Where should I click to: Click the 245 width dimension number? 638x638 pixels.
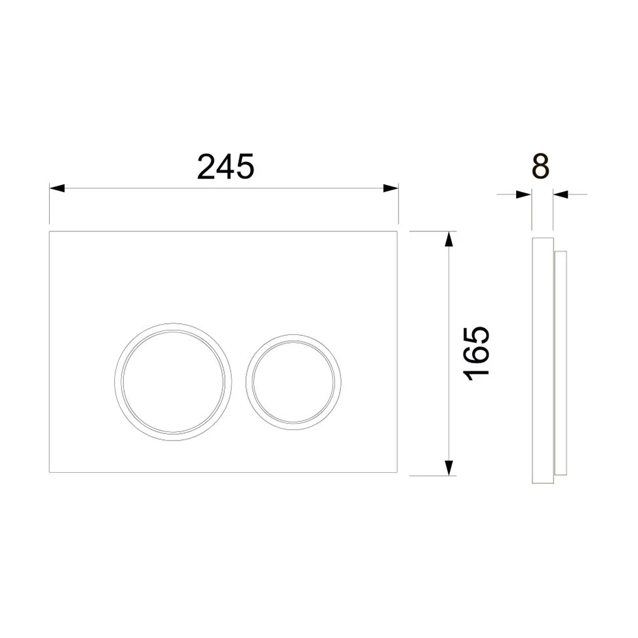(226, 167)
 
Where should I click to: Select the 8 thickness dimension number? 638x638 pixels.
(541, 166)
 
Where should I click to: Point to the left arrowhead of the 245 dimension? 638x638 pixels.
(57, 188)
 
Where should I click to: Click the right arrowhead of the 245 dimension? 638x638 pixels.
(390, 188)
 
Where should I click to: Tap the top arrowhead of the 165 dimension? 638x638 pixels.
(449, 239)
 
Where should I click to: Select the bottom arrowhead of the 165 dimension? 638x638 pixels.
(449, 468)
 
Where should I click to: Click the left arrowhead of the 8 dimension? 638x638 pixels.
(524, 195)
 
